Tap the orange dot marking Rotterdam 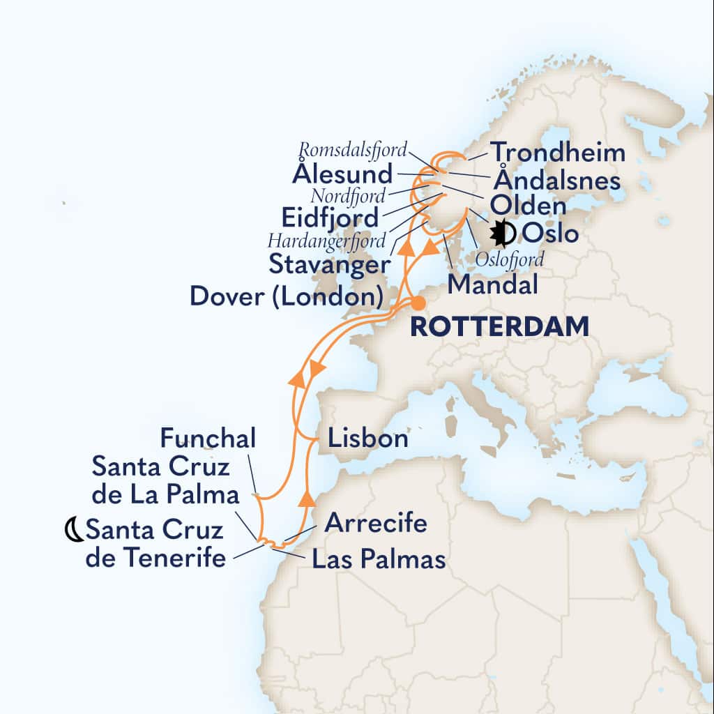(x=418, y=303)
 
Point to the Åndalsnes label (x=556, y=181)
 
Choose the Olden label (x=529, y=207)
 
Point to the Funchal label (x=208, y=439)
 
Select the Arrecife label (x=376, y=523)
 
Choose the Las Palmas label (x=379, y=559)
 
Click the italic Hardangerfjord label (x=326, y=241)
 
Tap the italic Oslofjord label (x=509, y=259)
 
